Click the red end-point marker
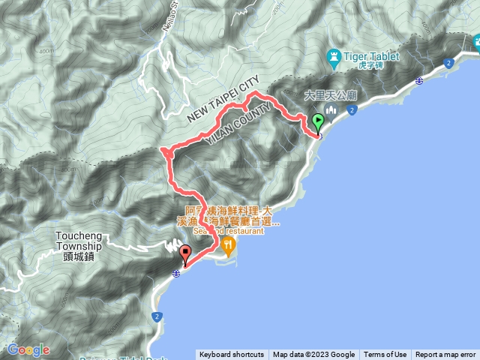(x=185, y=254)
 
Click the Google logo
(x=28, y=349)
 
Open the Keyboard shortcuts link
(x=231, y=355)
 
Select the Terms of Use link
(x=385, y=355)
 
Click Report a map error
(x=445, y=355)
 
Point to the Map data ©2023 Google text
(x=313, y=355)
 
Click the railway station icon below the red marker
(x=175, y=274)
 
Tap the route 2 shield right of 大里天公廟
(x=351, y=111)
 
